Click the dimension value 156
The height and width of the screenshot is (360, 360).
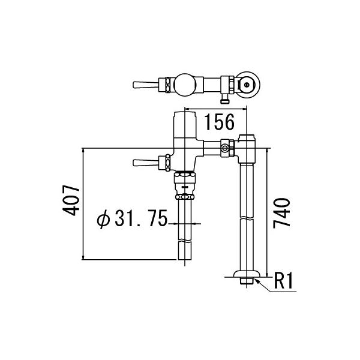[216, 122]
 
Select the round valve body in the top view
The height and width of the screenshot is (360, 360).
[184, 83]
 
